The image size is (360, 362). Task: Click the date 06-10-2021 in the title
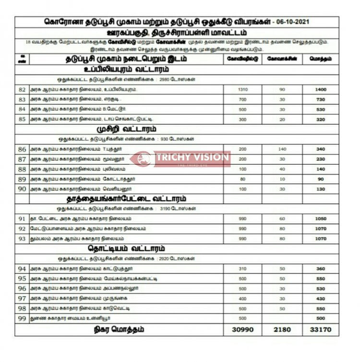click(291, 23)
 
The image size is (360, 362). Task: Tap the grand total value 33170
click(320, 330)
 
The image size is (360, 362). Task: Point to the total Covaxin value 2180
click(282, 330)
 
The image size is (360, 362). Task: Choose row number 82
click(22, 90)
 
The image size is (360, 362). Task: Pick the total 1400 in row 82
click(320, 90)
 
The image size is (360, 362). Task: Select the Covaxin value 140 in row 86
click(282, 149)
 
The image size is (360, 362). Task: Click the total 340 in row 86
click(320, 149)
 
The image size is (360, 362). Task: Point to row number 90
click(22, 189)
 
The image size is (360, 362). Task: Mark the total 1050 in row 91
click(320, 218)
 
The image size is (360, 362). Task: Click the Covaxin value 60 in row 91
click(282, 218)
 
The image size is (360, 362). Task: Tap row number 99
click(22, 318)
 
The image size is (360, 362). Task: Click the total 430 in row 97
click(320, 299)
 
